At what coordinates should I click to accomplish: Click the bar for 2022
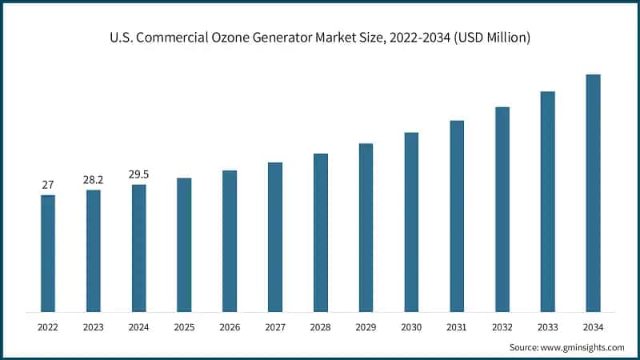click(48, 253)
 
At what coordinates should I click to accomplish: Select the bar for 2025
click(184, 244)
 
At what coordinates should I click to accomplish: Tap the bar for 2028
click(320, 232)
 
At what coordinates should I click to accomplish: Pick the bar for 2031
click(457, 215)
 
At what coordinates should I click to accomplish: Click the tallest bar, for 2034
click(593, 192)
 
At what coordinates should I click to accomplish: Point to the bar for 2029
click(366, 227)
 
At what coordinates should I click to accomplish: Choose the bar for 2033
click(547, 201)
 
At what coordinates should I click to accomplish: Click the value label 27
click(48, 185)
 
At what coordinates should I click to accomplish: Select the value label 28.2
click(94, 180)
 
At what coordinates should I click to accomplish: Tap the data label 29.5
click(139, 174)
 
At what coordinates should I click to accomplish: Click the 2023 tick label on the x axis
click(94, 327)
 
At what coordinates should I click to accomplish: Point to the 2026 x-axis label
click(230, 327)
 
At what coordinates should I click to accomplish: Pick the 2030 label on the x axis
click(411, 327)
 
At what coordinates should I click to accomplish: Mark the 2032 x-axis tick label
click(502, 327)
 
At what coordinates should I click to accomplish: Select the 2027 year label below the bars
click(275, 327)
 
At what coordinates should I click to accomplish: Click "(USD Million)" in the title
click(490, 38)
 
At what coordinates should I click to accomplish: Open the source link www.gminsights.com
click(583, 347)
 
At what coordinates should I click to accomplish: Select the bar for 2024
click(139, 248)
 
